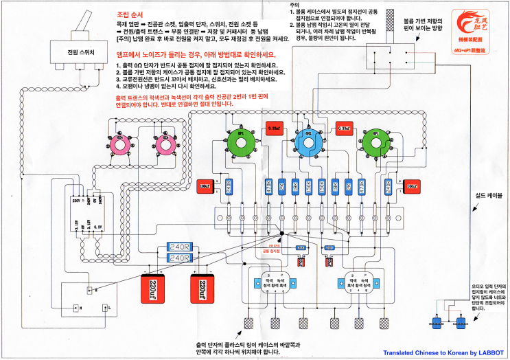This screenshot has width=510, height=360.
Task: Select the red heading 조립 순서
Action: (x=133, y=14)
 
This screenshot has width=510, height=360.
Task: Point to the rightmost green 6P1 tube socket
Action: (x=375, y=142)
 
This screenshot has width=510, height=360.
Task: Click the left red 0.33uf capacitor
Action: (x=273, y=128)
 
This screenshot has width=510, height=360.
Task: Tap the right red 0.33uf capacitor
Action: (x=344, y=128)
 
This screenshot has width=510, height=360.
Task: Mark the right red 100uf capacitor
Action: (x=410, y=185)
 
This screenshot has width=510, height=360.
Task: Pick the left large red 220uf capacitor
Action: (x=152, y=287)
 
